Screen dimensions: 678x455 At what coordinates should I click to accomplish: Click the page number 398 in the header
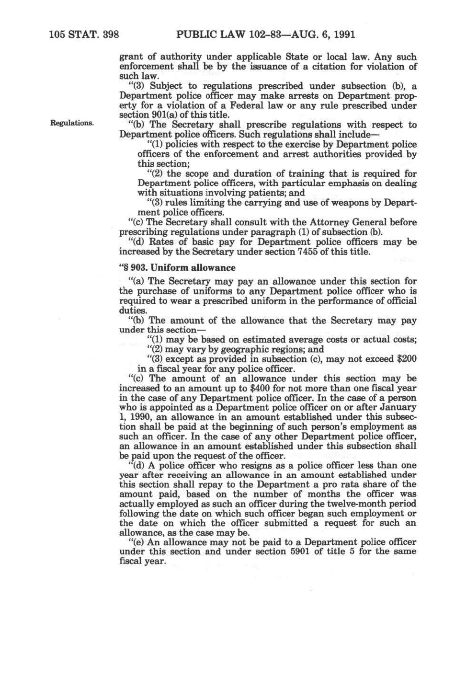108,34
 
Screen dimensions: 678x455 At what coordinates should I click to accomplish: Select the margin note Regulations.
72,123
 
